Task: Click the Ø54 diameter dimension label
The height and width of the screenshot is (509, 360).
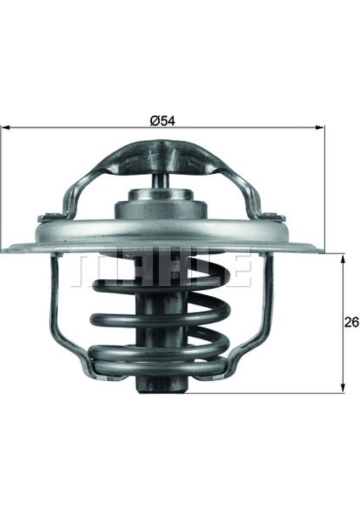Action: pyautogui.click(x=162, y=120)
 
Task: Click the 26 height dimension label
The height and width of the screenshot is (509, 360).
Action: pyautogui.click(x=352, y=322)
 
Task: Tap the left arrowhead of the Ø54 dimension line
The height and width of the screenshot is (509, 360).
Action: pyautogui.click(x=6, y=127)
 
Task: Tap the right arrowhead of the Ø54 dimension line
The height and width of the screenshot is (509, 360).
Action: pyautogui.click(x=320, y=127)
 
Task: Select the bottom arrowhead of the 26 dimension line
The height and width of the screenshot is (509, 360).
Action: pyautogui.click(x=342, y=388)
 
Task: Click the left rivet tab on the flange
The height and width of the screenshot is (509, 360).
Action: pyautogui.click(x=50, y=217)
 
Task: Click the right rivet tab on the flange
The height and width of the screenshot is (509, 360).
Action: pyautogui.click(x=273, y=217)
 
